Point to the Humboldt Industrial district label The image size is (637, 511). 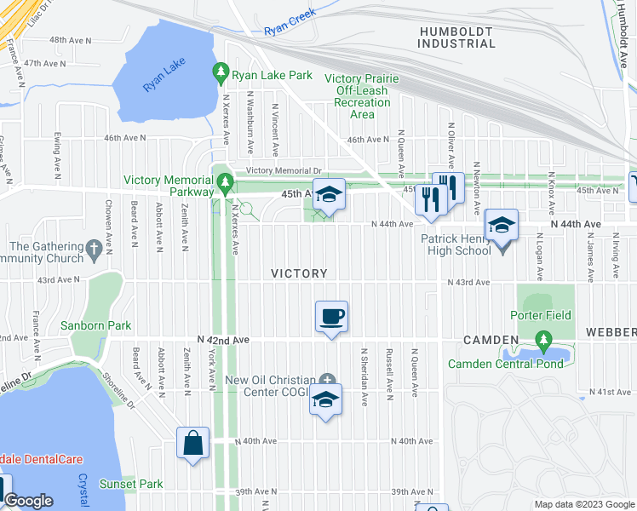pyautogui.click(x=456, y=37)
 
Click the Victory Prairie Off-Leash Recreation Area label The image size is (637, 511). pyautogui.click(x=362, y=96)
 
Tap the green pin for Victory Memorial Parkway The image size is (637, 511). pyautogui.click(x=225, y=181)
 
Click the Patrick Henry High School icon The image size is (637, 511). pyautogui.click(x=502, y=227)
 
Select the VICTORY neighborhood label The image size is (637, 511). pyautogui.click(x=299, y=273)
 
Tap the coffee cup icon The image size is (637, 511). pyautogui.click(x=331, y=317)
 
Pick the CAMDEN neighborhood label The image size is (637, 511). pyautogui.click(x=491, y=339)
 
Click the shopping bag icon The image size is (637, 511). pyautogui.click(x=192, y=443)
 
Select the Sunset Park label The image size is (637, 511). pyautogui.click(x=130, y=485)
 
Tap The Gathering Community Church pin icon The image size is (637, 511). pyautogui.click(x=94, y=250)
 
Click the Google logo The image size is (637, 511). pyautogui.click(x=28, y=501)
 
